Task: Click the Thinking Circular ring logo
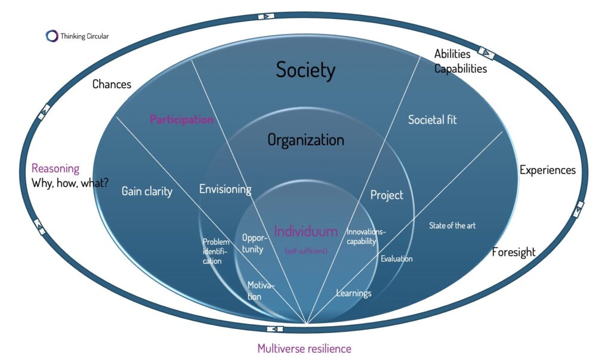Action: click(x=52, y=36)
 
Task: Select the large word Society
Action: click(x=305, y=70)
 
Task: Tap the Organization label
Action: click(x=305, y=140)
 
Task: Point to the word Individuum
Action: click(x=305, y=231)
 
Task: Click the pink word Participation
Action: click(x=181, y=120)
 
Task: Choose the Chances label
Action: click(x=112, y=84)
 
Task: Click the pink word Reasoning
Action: click(x=55, y=168)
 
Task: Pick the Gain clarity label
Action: click(x=147, y=191)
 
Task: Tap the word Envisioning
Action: click(x=225, y=189)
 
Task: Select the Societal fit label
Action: click(x=432, y=119)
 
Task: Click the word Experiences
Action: click(x=547, y=170)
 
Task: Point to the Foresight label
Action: click(x=513, y=252)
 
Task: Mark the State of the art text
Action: click(x=452, y=226)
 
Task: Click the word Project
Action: click(x=387, y=195)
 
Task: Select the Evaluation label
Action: click(x=397, y=259)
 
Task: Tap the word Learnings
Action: click(x=353, y=293)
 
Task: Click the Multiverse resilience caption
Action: click(x=304, y=348)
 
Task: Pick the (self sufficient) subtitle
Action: click(x=305, y=251)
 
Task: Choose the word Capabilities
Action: click(x=460, y=69)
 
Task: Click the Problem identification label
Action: click(x=215, y=251)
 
